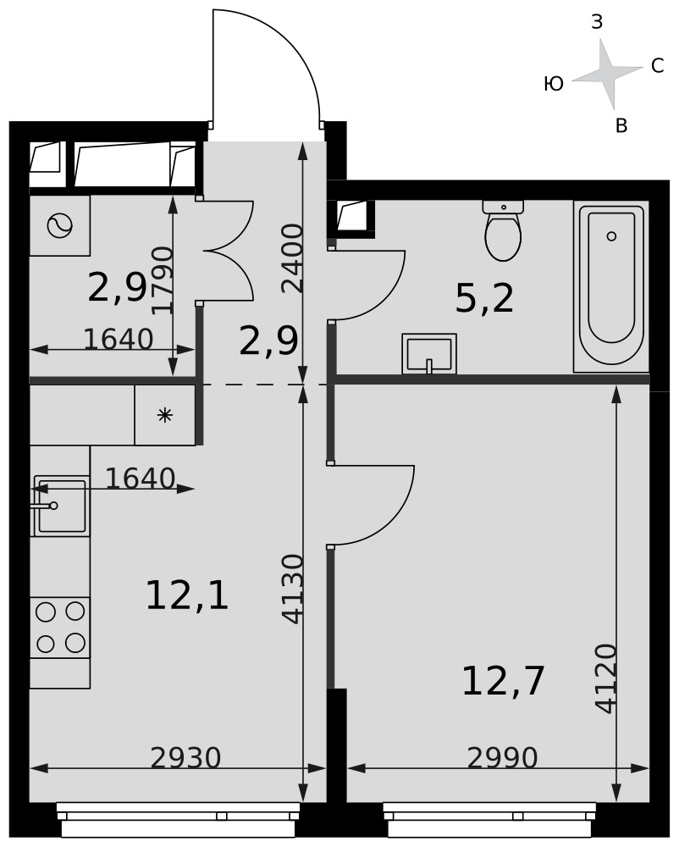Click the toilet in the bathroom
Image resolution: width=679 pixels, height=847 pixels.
coord(503,230)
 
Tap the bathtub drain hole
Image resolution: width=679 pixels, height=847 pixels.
coord(611,236)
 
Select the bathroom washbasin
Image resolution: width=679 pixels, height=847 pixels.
coord(429,354)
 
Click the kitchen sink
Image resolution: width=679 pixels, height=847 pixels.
coord(60,506)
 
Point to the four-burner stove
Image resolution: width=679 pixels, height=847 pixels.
coord(60,627)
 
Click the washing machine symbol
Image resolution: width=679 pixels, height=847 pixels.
coord(60,226)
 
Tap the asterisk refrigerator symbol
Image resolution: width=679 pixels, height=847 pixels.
coord(164,415)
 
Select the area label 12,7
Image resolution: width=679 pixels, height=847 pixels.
coord(503,681)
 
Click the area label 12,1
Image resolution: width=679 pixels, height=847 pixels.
coord(187,595)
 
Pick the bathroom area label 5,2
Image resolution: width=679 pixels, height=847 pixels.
coord(484,298)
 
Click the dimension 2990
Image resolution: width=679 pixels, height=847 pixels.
coord(502,758)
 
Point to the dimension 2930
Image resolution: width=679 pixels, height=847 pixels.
coord(185,758)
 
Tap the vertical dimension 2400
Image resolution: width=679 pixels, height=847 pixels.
coord(292,258)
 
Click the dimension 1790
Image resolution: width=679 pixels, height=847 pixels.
coord(162,280)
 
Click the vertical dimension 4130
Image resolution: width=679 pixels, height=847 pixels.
coord(292,589)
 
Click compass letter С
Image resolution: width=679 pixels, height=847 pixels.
coord(657,66)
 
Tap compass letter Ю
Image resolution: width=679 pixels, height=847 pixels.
coord(553,84)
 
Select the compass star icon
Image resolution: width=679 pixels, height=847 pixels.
coord(607,74)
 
